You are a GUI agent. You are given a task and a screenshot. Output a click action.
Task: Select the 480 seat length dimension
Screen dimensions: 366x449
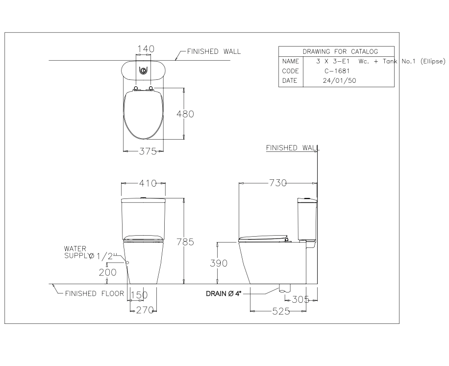pos(185,114)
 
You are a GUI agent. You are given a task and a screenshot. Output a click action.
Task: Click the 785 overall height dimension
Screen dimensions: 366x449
pos(186,242)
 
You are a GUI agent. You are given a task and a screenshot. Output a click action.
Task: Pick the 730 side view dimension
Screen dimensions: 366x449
pos(277,183)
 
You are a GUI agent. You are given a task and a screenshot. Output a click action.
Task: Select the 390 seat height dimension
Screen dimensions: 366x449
pos(219,263)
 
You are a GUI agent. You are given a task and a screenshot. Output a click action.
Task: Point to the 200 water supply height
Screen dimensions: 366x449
pos(107,272)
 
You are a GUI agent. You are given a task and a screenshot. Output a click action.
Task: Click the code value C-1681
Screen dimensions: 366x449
pos(337,71)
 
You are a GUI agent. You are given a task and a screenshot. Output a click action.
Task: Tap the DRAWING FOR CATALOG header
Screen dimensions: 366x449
pos(336,51)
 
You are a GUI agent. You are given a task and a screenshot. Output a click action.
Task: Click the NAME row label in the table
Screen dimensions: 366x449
pos(290,61)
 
